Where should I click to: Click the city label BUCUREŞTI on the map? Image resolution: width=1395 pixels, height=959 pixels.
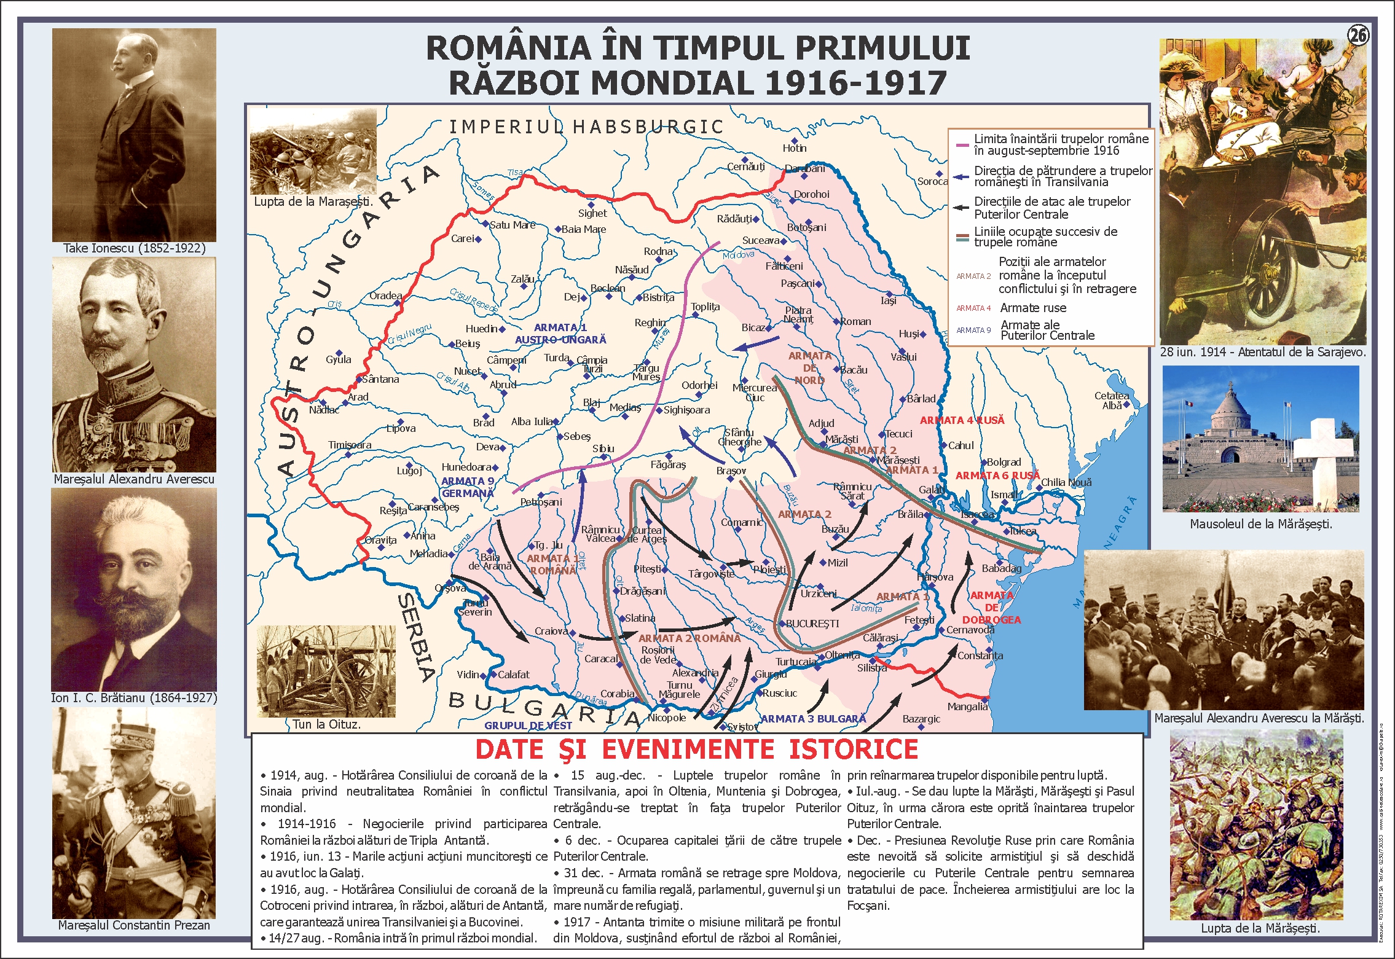(x=812, y=624)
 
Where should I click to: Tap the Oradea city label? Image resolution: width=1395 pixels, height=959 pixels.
(x=385, y=296)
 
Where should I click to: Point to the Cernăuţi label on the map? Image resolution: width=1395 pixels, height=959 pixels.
(x=745, y=166)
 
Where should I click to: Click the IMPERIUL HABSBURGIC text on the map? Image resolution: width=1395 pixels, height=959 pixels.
(x=586, y=127)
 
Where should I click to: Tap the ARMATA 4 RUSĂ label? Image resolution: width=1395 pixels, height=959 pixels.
(x=962, y=420)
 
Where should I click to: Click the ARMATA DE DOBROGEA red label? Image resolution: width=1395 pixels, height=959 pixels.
(x=991, y=608)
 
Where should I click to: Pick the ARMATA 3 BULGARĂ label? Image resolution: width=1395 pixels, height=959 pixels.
(x=813, y=719)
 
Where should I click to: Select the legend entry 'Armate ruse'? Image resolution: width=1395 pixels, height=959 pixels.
(x=1033, y=308)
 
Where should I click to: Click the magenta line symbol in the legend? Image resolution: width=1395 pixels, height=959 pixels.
(x=962, y=145)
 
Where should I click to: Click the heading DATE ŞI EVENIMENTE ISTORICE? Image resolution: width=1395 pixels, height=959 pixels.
(x=696, y=750)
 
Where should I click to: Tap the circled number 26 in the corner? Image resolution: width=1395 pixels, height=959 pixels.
(x=1358, y=36)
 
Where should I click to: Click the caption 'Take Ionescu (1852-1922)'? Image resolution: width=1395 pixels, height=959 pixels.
(x=134, y=248)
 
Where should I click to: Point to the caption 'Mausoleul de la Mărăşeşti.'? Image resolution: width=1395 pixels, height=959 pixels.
(x=1260, y=524)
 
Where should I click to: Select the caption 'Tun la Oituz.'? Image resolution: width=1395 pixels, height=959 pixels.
(x=326, y=724)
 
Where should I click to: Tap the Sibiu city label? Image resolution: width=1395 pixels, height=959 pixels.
(x=603, y=448)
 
